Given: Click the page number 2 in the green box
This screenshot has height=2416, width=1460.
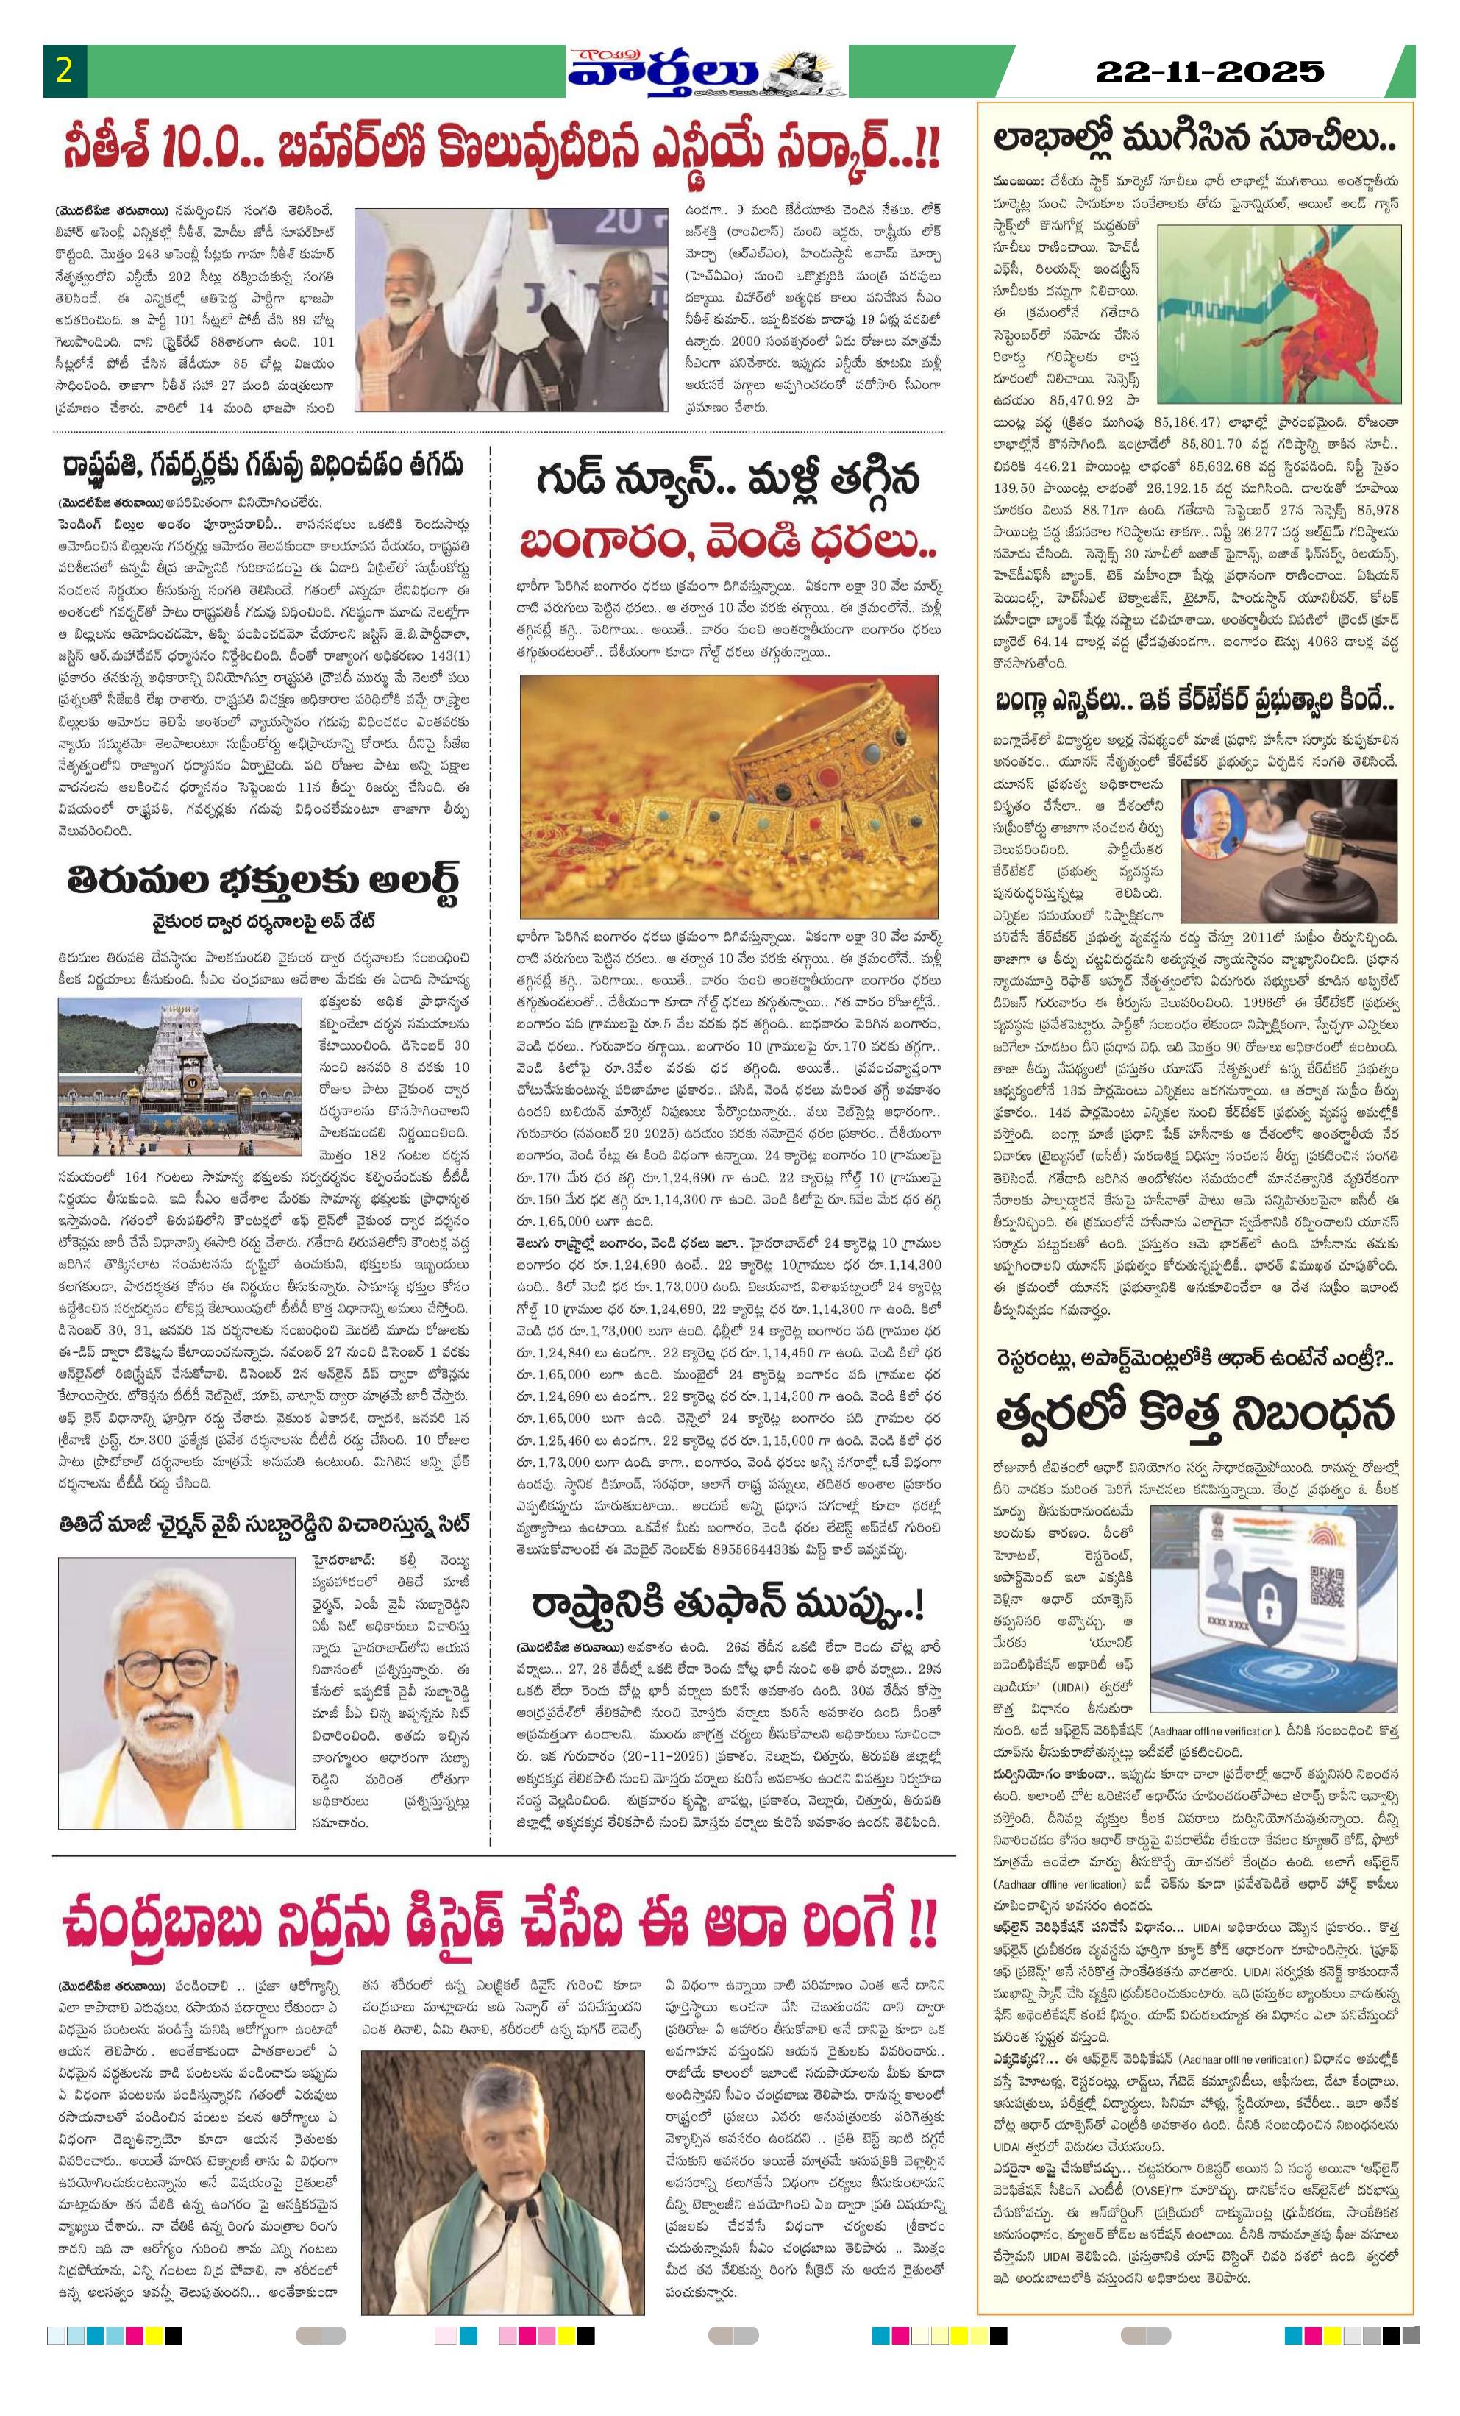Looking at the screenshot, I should [x=65, y=71].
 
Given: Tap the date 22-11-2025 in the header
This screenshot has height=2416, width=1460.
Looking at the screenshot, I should [x=1209, y=71].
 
